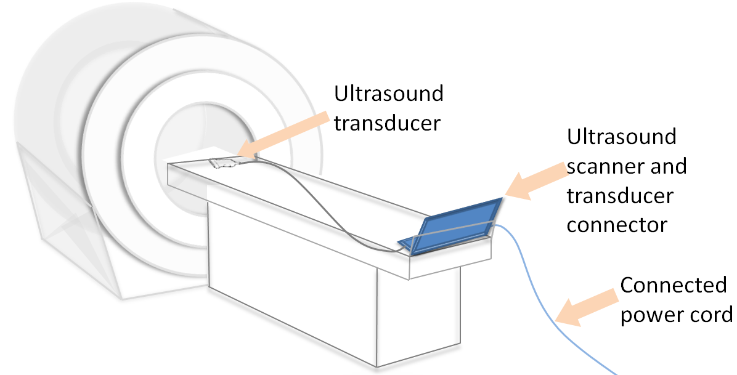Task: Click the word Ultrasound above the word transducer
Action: point(388,94)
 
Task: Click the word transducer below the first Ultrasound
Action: point(388,123)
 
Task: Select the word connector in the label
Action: point(616,225)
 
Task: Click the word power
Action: point(649,315)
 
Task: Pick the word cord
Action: point(710,315)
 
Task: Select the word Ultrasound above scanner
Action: point(621,137)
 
